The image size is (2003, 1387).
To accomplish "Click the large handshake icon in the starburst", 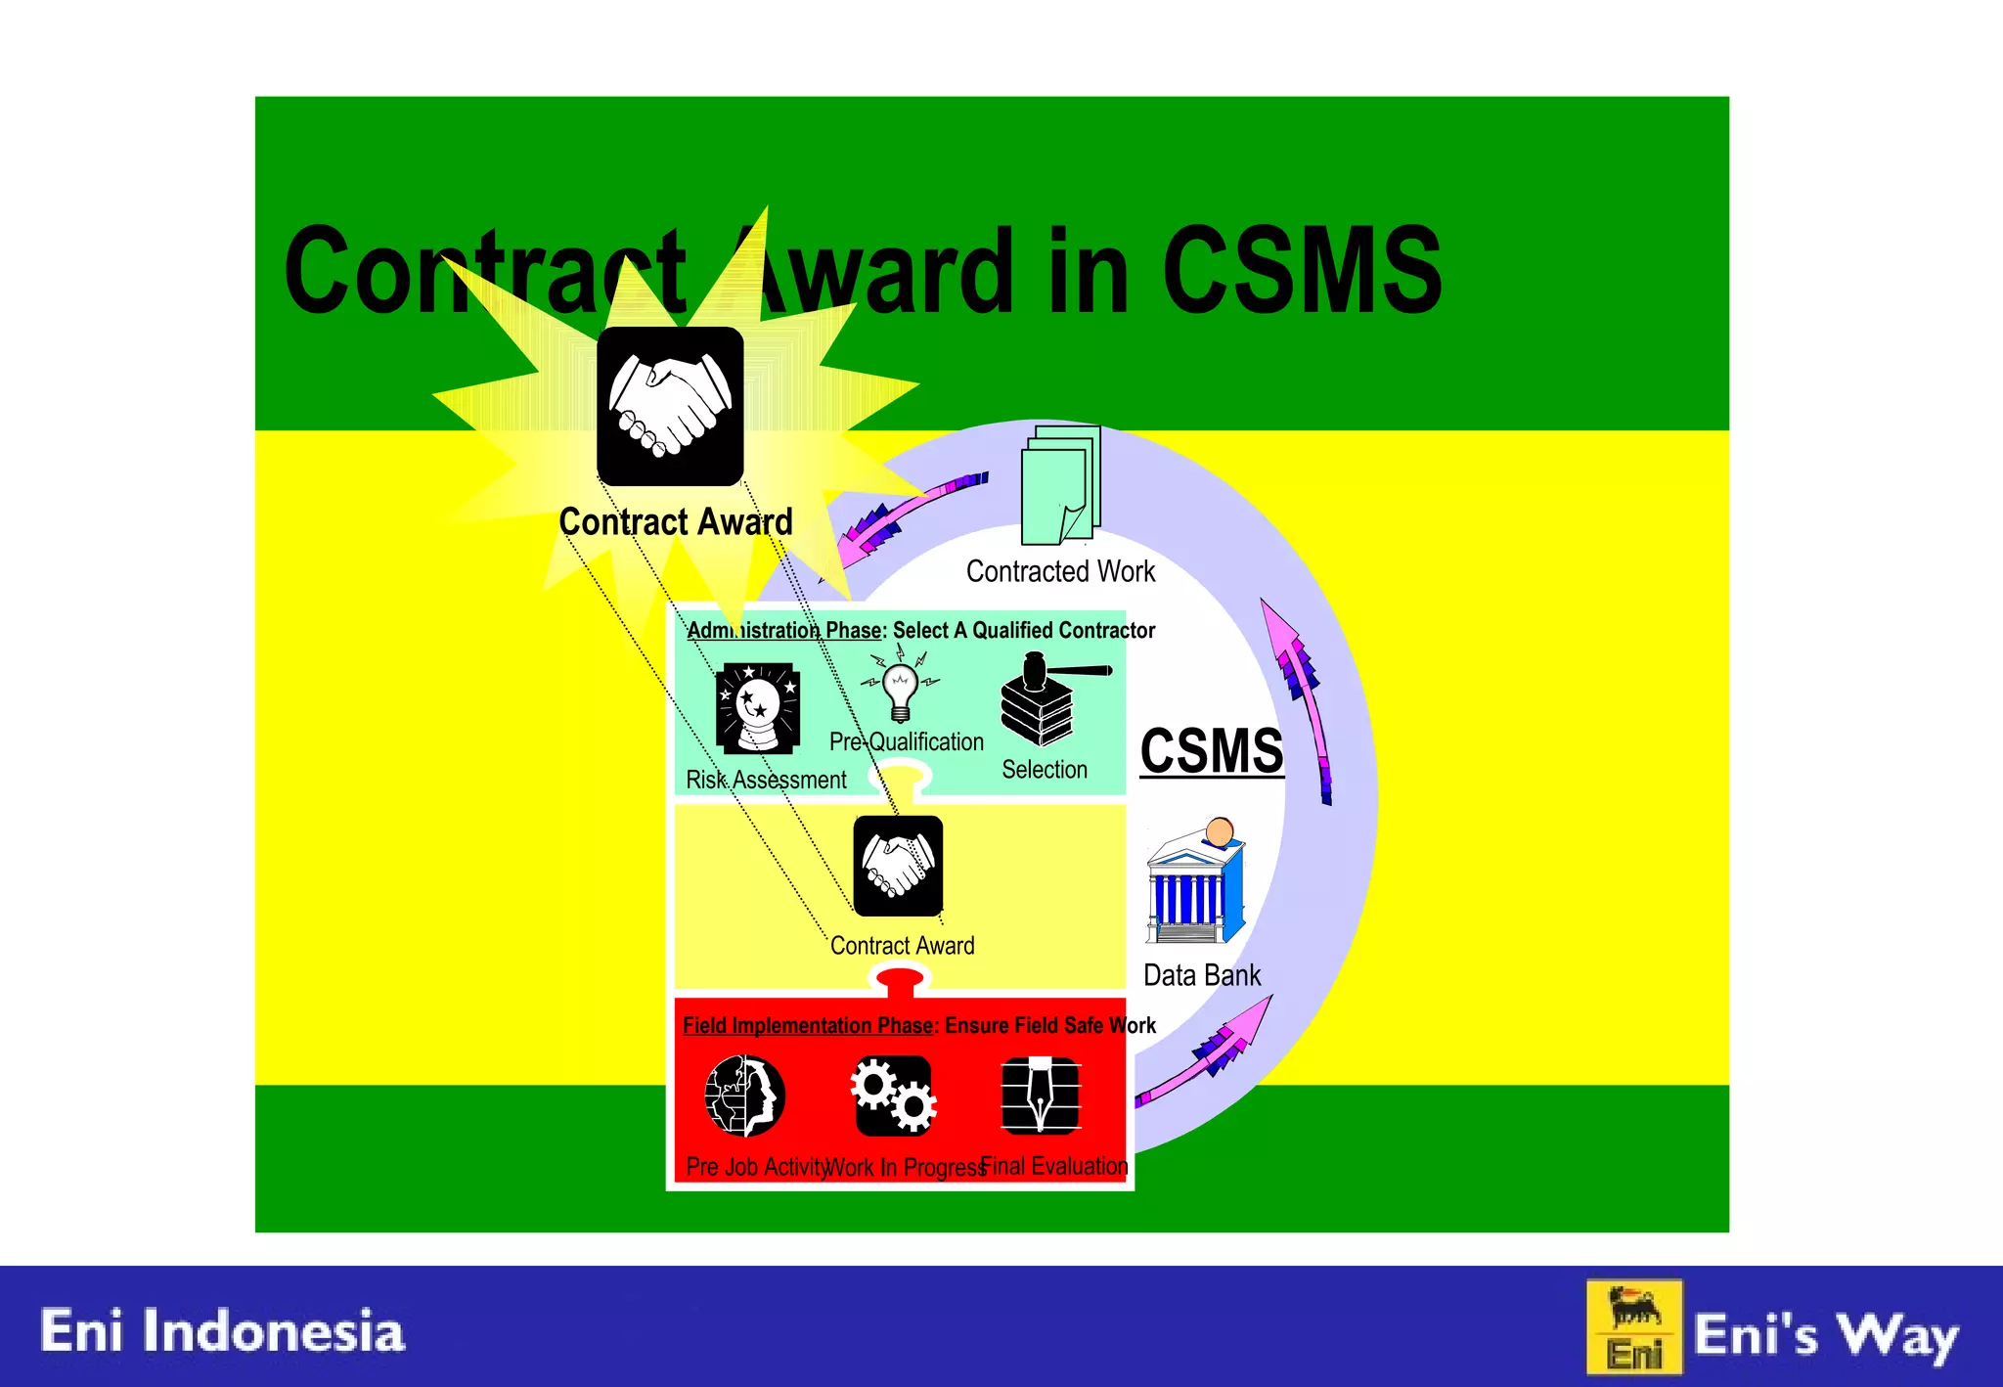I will (670, 406).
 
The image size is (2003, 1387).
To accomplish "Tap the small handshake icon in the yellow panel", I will (898, 867).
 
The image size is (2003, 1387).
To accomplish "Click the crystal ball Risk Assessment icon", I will (758, 707).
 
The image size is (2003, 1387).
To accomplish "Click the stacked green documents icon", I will (1061, 485).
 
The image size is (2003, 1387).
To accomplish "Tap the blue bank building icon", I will (1195, 884).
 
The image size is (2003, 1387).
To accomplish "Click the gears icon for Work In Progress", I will (893, 1095).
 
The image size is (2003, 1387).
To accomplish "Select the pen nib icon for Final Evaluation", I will (1041, 1095).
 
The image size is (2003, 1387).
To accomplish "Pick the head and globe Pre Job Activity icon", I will (744, 1096).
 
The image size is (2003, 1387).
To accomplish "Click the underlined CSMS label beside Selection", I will (1211, 751).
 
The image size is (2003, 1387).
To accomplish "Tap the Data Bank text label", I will (1202, 975).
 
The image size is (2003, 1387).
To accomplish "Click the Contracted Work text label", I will (1060, 571).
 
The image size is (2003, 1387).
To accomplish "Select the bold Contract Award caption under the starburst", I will (676, 522).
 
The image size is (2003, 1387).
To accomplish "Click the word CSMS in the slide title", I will (1301, 270).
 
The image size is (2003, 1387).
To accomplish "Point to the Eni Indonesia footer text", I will (222, 1331).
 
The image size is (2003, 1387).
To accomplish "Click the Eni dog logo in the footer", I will (1634, 1326).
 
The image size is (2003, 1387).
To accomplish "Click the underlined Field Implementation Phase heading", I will (809, 1025).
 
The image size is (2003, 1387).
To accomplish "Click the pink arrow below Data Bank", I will (1213, 1052).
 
